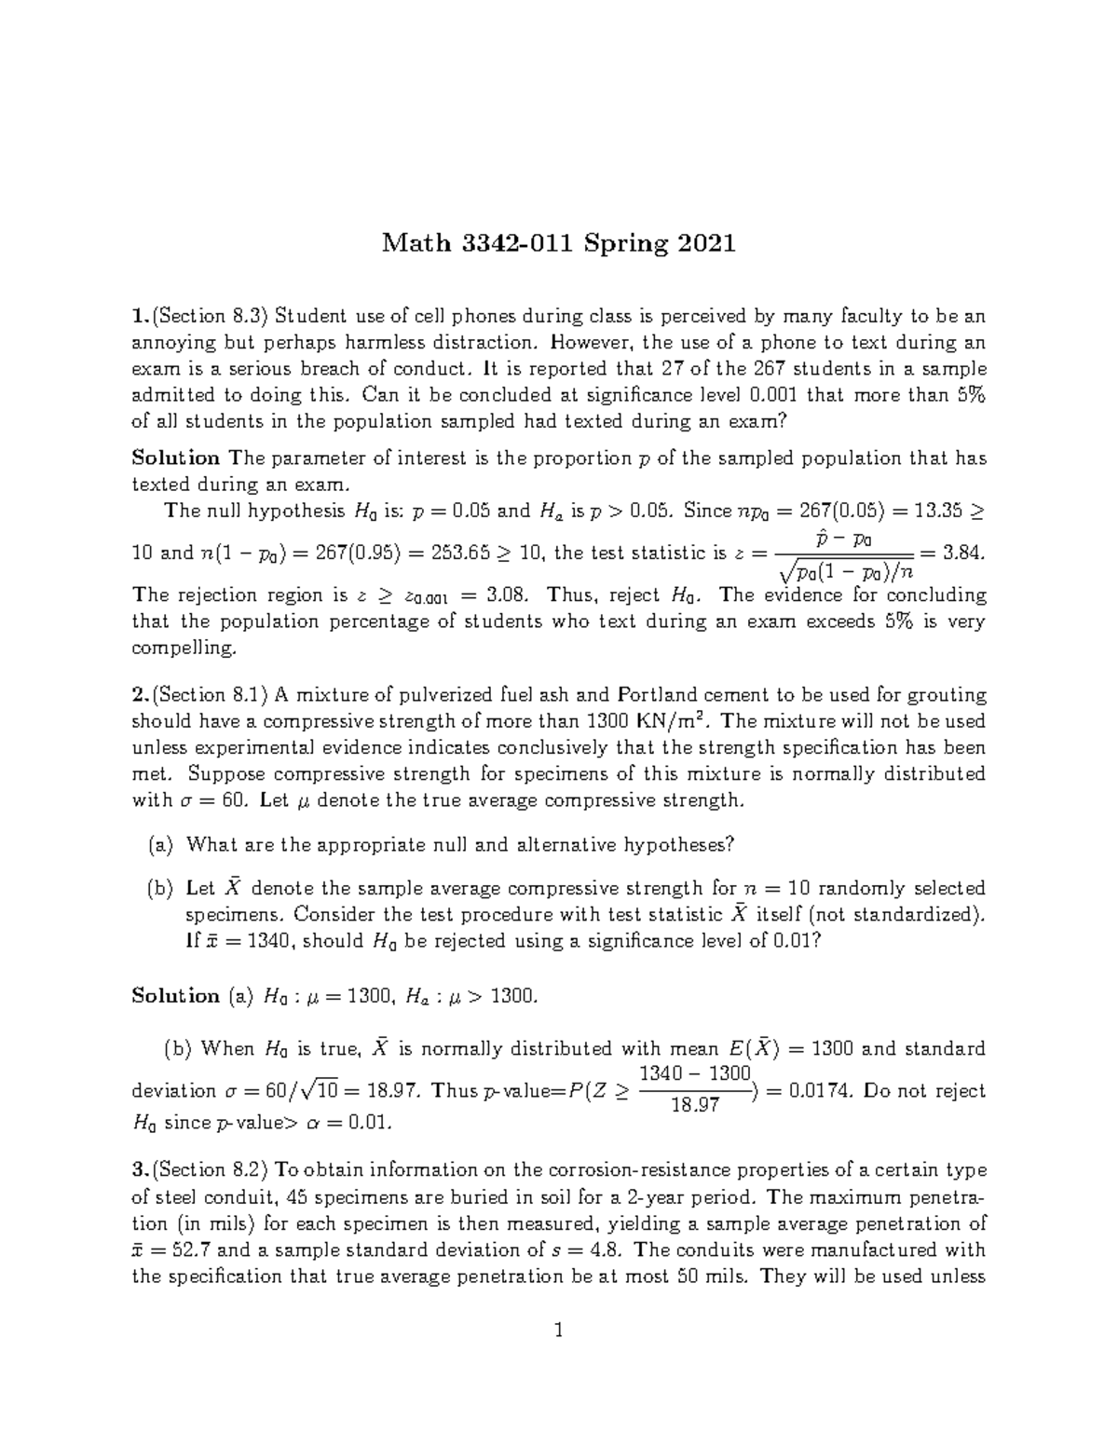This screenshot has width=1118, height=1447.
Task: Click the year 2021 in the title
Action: point(706,244)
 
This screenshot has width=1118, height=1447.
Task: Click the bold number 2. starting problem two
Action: point(141,695)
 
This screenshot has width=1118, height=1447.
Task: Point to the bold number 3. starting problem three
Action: point(141,1170)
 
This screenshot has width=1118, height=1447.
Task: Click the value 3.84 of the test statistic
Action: point(962,553)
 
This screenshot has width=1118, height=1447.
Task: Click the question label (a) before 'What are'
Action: point(160,845)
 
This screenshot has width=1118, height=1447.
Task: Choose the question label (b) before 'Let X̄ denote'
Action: point(160,888)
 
